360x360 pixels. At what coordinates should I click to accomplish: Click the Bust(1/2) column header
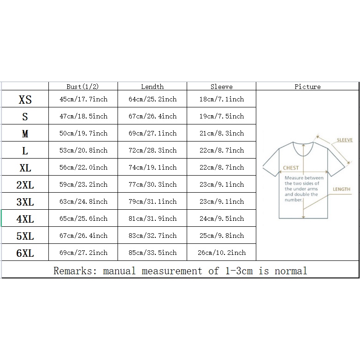[x=83, y=87]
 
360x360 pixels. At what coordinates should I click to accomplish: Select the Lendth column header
[x=152, y=87]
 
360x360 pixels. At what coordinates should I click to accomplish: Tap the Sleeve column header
[x=221, y=87]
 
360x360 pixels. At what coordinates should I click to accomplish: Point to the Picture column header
[x=307, y=87]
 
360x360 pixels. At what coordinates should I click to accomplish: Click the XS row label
[x=25, y=100]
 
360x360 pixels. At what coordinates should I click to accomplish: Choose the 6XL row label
[x=25, y=253]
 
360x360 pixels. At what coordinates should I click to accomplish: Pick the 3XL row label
[x=25, y=202]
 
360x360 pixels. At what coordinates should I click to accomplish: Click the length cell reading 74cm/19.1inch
[x=153, y=167]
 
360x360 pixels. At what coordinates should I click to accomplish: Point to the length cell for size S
[x=153, y=116]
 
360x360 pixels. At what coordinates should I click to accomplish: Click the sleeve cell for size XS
[x=222, y=99]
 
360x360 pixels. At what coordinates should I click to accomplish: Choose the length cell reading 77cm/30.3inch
[x=153, y=184]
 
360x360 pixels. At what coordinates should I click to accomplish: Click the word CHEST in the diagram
[x=290, y=168]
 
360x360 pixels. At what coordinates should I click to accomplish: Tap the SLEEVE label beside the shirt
[x=345, y=140]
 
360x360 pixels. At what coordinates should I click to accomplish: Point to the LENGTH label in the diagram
[x=342, y=189]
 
